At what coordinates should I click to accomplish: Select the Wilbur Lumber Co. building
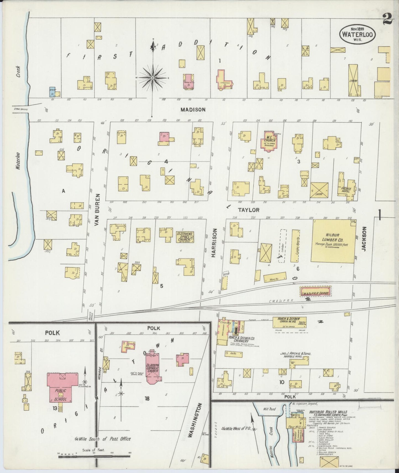(333, 240)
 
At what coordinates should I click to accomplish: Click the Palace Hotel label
(346, 190)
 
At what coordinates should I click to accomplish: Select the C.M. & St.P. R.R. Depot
(316, 291)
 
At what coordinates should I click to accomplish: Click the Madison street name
(193, 110)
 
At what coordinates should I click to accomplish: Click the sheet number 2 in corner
(388, 20)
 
